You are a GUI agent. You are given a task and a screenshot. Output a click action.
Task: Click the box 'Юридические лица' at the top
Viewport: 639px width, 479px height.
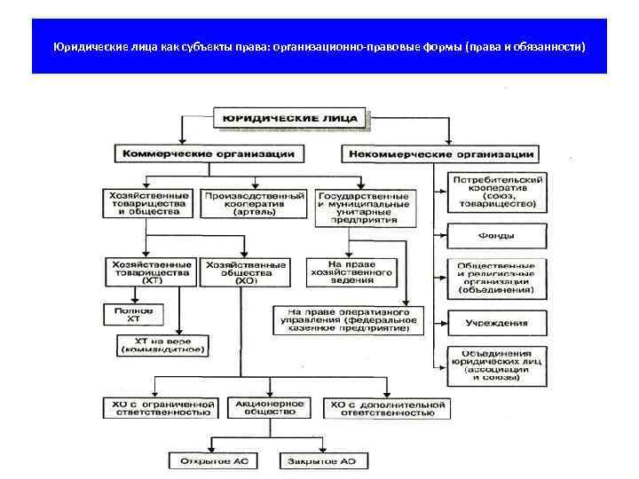(288, 117)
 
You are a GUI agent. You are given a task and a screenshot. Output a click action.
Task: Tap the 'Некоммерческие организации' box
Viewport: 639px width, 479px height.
(441, 153)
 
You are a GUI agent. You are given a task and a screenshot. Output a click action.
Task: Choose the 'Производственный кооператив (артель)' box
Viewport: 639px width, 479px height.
(256, 203)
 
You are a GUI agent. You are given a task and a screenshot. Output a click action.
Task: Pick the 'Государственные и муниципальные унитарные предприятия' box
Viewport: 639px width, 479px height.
(365, 207)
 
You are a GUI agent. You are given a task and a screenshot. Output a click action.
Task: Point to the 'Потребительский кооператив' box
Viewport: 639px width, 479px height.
(498, 192)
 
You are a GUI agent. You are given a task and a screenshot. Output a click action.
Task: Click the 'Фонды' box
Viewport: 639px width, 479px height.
(498, 236)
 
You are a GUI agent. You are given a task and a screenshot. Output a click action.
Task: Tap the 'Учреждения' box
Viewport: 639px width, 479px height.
(498, 323)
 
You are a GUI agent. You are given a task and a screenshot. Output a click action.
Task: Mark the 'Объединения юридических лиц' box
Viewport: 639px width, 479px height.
(498, 365)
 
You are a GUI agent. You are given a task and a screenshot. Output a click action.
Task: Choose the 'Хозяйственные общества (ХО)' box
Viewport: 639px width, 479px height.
(246, 273)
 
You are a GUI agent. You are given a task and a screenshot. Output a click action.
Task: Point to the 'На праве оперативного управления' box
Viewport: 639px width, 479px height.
(350, 320)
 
